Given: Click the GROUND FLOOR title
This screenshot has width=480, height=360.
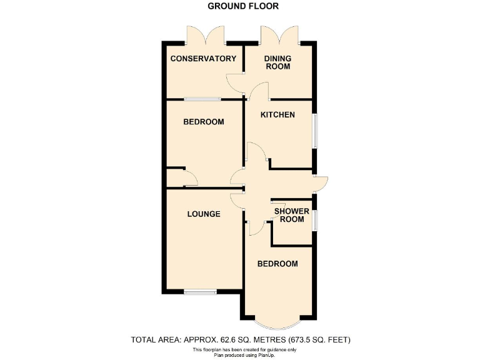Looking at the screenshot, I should coord(243,6).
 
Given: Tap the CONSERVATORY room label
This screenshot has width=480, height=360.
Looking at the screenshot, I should coord(203,59).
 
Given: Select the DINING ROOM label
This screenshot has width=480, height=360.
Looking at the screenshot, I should coord(277,62).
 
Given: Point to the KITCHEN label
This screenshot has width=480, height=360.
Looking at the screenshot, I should coord(277,114).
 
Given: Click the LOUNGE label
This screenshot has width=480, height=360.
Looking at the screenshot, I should coord(204,214).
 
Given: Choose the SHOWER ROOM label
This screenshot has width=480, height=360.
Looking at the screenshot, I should coord(292,215).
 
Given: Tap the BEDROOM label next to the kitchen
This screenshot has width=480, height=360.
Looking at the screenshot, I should coord(203,122).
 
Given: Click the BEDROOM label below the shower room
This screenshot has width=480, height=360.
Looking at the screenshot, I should coord(278,264).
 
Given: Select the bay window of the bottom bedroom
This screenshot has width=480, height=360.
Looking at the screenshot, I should coord(278,324).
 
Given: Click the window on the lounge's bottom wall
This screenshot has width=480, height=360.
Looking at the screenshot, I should coord(200,291).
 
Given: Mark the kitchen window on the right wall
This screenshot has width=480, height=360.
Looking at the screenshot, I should coord(314,131).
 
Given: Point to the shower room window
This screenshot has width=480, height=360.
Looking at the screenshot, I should coord(314,219).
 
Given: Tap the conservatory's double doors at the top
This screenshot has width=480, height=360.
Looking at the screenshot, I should coord(205,35).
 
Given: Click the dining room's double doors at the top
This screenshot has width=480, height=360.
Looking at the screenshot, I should coord(279,35).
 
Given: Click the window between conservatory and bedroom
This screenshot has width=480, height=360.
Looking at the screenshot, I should coord(202,99).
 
